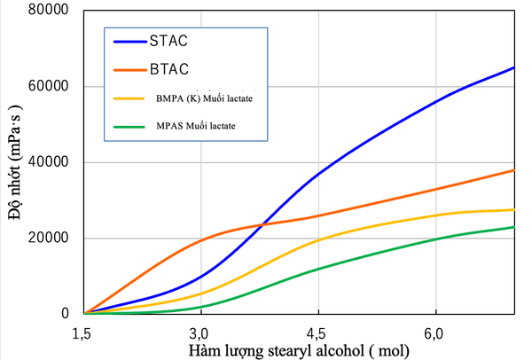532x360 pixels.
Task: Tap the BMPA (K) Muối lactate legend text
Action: (x=203, y=97)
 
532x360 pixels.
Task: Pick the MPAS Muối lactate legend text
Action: (x=196, y=125)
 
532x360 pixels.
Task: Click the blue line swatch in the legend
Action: (x=130, y=41)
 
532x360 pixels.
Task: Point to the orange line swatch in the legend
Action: (x=130, y=68)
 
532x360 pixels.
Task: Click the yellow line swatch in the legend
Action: (x=130, y=97)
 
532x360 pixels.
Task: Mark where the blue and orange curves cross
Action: (x=262, y=223)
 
